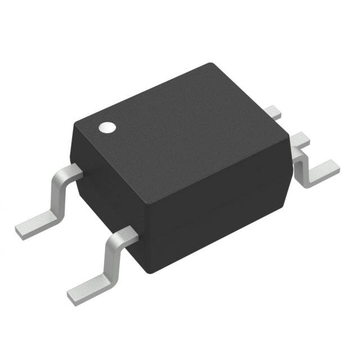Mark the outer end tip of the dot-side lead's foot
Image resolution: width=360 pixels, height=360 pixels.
pyautogui.click(x=19, y=228)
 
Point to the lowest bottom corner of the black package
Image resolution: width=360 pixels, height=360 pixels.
pyautogui.click(x=147, y=272)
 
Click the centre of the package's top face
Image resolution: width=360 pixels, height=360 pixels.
pyautogui.click(x=180, y=127)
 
